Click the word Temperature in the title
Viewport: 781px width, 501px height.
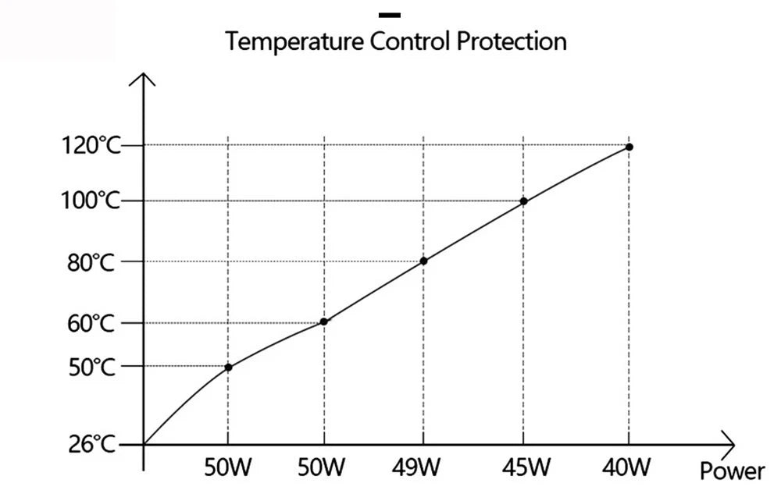click(294, 41)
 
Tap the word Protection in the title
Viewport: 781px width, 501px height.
click(512, 41)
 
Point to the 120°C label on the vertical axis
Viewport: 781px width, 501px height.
click(91, 146)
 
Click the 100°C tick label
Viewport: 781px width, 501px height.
click(91, 201)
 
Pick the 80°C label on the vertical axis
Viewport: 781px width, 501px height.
click(92, 262)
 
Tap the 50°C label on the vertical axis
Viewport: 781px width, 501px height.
click(92, 367)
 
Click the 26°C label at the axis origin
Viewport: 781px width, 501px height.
click(92, 446)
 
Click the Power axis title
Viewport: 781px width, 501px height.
click(732, 471)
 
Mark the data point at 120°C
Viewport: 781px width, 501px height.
click(629, 147)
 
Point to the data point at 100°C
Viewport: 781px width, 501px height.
click(523, 201)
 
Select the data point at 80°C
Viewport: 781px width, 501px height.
click(423, 261)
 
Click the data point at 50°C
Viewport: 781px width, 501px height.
click(228, 367)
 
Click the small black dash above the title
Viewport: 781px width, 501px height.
click(389, 14)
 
